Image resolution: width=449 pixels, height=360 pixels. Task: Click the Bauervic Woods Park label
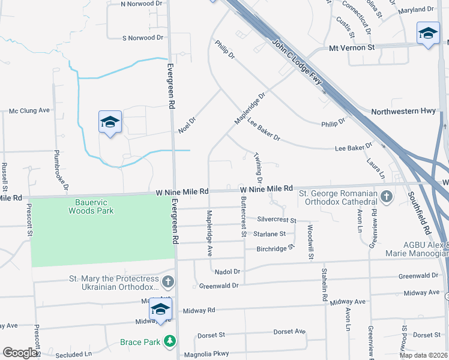pyautogui.click(x=91, y=207)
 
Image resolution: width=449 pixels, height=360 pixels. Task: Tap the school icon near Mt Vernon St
pyautogui.click(x=428, y=33)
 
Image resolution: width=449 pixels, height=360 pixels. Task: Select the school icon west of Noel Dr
pyautogui.click(x=110, y=122)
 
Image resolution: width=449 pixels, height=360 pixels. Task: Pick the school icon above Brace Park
pyautogui.click(x=160, y=309)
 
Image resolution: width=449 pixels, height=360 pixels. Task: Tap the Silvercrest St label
pyautogui.click(x=277, y=220)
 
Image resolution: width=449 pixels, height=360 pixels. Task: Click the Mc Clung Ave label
pyautogui.click(x=29, y=110)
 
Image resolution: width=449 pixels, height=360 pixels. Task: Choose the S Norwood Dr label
pyautogui.click(x=142, y=38)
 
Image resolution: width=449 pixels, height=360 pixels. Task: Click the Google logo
pyautogui.click(x=20, y=353)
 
